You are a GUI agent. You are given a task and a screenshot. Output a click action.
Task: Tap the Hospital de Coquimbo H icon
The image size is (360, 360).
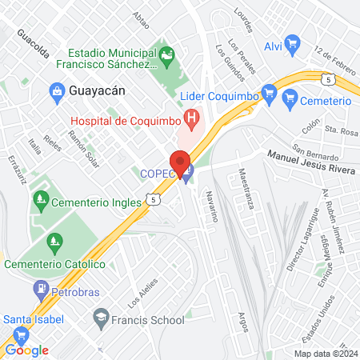(x=192, y=121)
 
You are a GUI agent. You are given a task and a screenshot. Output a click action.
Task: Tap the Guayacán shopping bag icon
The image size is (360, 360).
(x=58, y=90)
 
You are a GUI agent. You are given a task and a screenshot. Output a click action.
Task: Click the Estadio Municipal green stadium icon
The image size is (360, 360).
(x=166, y=54)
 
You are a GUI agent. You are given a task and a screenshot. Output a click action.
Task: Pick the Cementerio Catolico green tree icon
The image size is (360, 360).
(x=54, y=241)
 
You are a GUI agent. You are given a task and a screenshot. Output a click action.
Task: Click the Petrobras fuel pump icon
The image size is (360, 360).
(x=39, y=287)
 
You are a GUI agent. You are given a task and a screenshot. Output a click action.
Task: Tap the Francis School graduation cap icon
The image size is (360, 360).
(x=100, y=319)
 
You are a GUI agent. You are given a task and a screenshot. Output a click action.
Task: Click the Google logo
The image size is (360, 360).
(x=26, y=350)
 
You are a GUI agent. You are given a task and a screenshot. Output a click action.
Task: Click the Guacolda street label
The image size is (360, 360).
(x=33, y=46)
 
